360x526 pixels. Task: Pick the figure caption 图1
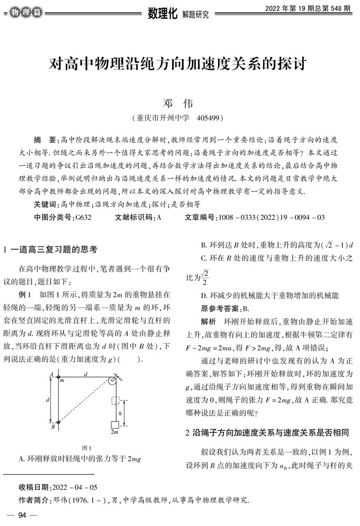coord(87,447)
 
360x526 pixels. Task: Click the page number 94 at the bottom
coord(22,515)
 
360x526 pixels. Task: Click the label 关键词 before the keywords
coord(46,204)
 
